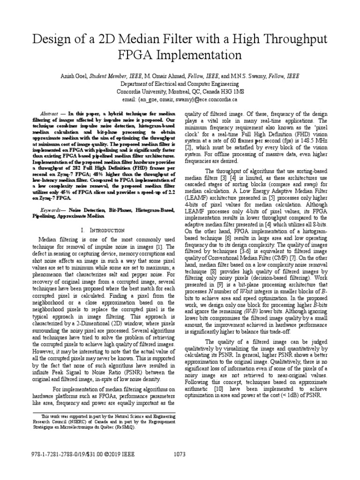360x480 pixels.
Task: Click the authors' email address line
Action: coord(180,99)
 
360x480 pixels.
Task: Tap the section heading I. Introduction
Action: coord(103,231)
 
